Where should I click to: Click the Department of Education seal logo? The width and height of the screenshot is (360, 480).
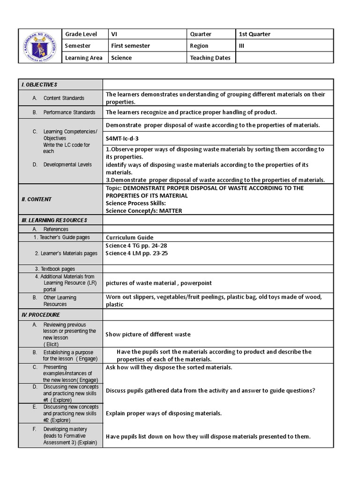tap(40, 46)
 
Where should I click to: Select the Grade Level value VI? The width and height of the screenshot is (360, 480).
tap(114, 34)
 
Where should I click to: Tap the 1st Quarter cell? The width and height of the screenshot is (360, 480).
tap(255, 34)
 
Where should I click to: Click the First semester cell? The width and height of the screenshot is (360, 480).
tap(130, 46)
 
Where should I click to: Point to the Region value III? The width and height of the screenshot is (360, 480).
tap(242, 46)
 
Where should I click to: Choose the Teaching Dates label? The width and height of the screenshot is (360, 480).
tap(210, 58)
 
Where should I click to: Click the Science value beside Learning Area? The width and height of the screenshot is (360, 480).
tap(121, 58)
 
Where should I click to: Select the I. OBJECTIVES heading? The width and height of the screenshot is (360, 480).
tap(39, 84)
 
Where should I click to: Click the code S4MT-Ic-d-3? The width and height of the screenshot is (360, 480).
tap(122, 139)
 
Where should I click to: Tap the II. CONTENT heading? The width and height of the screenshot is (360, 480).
tap(37, 199)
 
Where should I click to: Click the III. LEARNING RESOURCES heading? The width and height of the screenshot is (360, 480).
tap(54, 220)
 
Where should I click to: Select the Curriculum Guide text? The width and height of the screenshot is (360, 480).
tap(129, 238)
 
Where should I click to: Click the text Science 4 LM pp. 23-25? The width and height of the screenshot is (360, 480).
tap(137, 253)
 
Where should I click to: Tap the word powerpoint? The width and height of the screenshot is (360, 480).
tap(195, 283)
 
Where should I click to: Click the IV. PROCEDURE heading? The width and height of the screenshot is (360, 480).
tap(41, 315)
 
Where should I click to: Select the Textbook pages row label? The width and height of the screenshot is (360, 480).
tap(55, 269)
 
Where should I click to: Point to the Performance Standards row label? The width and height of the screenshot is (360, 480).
tap(69, 112)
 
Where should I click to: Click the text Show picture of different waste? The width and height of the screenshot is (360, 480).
tap(148, 334)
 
